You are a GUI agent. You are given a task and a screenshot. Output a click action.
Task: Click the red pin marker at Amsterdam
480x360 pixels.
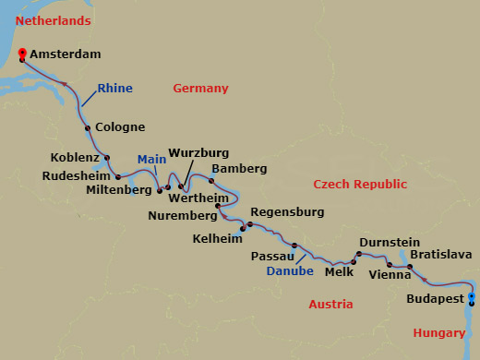pyautogui.click(x=22, y=54)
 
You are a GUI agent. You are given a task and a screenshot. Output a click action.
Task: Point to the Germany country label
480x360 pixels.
pyautogui.click(x=200, y=89)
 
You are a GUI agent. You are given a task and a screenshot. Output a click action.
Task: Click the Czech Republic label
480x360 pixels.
pyautogui.click(x=359, y=185)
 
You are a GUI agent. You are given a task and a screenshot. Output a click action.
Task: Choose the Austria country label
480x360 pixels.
pyautogui.click(x=331, y=304)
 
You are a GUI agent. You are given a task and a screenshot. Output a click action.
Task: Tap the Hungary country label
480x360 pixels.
pyautogui.click(x=439, y=332)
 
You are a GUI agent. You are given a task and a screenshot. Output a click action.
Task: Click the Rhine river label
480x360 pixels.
pyautogui.click(x=114, y=89)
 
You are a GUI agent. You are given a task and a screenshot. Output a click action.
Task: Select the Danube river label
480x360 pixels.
pyautogui.click(x=290, y=271)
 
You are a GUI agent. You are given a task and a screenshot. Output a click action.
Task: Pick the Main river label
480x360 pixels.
pyautogui.click(x=151, y=159)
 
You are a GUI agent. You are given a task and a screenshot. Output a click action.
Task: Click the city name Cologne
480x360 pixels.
pyautogui.click(x=120, y=126)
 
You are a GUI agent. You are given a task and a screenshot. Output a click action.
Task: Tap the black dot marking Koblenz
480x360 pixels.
pyautogui.click(x=107, y=157)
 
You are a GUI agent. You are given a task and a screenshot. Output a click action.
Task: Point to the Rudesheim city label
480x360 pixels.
pyautogui.click(x=78, y=175)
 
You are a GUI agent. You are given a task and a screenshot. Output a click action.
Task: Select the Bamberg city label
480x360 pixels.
pyautogui.click(x=239, y=169)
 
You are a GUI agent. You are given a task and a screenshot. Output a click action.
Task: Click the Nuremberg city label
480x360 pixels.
pyautogui.click(x=182, y=216)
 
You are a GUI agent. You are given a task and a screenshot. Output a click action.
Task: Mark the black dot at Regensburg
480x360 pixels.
pyautogui.click(x=249, y=224)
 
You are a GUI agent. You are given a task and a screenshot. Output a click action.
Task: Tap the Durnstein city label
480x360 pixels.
pyautogui.click(x=390, y=241)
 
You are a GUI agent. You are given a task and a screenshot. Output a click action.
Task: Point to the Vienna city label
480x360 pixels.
pyautogui.click(x=389, y=274)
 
